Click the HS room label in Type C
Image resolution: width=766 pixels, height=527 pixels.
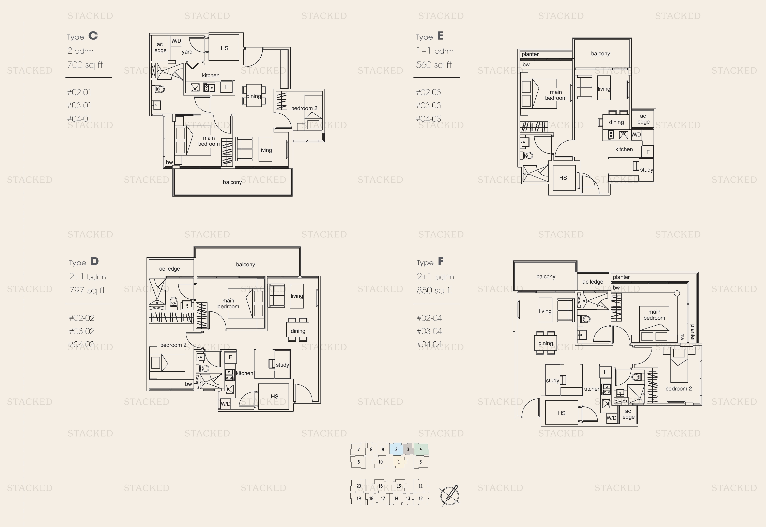coord(224,48)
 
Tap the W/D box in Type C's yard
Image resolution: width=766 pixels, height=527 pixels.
coord(176,41)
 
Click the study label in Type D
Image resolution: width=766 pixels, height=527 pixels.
coord(282,365)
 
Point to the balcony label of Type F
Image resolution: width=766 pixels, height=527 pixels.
coord(546,276)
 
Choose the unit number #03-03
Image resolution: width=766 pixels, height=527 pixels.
coord(429,105)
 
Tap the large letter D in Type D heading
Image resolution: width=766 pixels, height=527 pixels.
coord(94,261)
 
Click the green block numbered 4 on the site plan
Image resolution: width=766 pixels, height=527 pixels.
coord(421,449)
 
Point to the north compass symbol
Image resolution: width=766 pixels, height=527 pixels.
coord(450,495)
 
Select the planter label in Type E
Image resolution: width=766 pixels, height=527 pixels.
coord(530,54)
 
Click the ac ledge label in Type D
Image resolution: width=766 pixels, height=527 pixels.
coord(170,269)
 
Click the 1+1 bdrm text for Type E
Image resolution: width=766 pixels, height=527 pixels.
coord(435,51)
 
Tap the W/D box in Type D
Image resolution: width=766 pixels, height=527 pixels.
coord(226,403)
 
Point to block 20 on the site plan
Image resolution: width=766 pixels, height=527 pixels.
coord(359,486)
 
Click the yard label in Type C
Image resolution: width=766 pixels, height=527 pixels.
coord(187,52)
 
